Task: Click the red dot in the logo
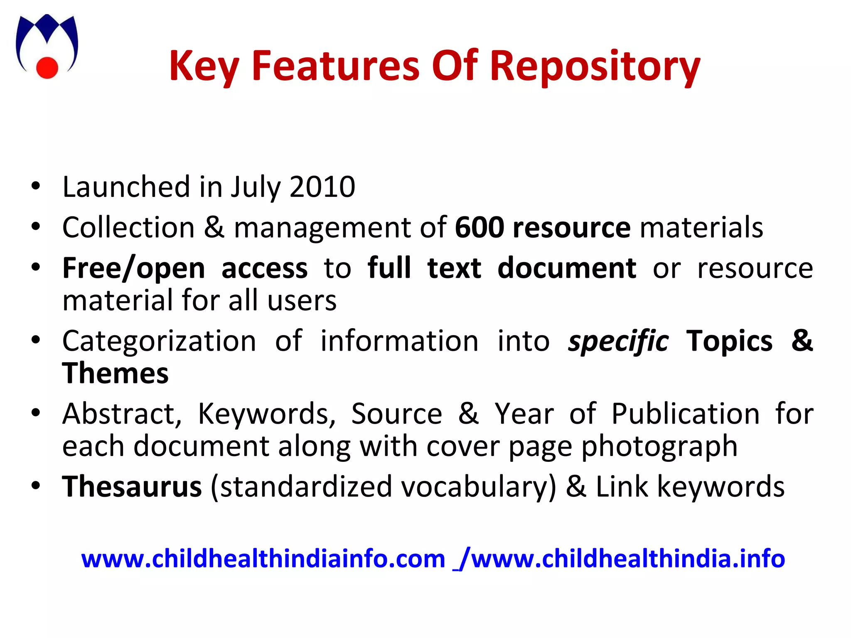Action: click(x=47, y=67)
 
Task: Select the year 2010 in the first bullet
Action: click(x=322, y=187)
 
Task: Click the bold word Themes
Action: click(x=115, y=373)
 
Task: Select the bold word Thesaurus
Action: click(x=132, y=486)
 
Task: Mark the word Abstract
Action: click(x=122, y=415)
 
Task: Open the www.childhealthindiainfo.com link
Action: click(x=263, y=559)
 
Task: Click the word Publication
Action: click(x=685, y=414)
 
